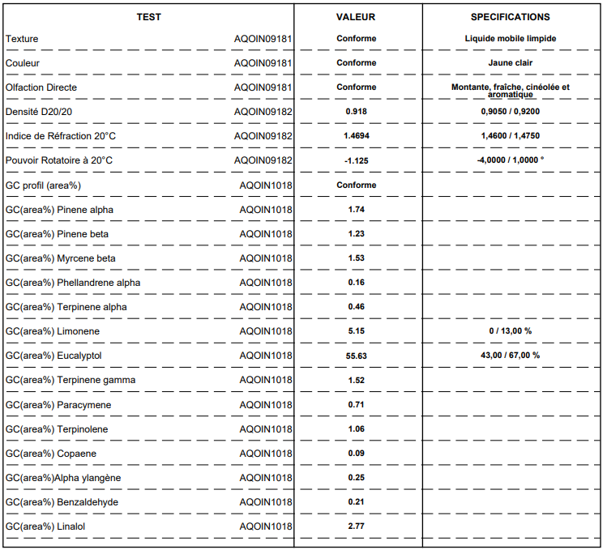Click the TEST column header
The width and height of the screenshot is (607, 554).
click(148, 17)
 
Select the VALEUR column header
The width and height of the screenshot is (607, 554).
click(356, 17)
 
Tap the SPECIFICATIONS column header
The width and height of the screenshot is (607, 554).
click(511, 17)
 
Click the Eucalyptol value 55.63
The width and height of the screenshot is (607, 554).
click(356, 356)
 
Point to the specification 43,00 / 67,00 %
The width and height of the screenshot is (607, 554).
click(511, 356)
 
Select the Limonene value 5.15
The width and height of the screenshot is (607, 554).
click(356, 331)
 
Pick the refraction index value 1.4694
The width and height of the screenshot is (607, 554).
click(356, 136)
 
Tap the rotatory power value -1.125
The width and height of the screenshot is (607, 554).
click(356, 160)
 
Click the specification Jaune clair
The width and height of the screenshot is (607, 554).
click(511, 63)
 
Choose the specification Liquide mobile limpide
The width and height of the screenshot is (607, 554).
click(511, 39)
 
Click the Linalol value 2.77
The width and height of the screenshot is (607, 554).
click(356, 526)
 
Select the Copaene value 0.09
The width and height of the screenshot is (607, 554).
click(356, 454)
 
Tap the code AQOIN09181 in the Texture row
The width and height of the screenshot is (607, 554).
click(263, 39)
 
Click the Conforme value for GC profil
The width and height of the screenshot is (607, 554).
click(356, 185)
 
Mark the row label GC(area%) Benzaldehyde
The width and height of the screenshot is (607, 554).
click(62, 502)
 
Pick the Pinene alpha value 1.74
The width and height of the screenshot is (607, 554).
click(356, 210)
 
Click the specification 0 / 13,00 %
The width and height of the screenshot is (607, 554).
click(511, 331)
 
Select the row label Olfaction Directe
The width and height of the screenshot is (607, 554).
click(41, 87)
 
